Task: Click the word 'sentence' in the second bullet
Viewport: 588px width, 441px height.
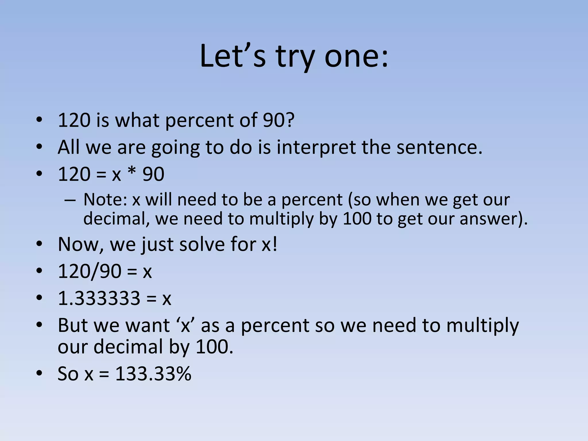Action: [436, 147]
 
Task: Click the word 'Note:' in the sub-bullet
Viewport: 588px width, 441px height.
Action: [105, 200]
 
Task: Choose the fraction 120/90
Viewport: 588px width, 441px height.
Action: [89, 271]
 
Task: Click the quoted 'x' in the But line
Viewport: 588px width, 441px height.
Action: [186, 326]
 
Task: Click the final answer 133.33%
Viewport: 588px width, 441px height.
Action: [153, 374]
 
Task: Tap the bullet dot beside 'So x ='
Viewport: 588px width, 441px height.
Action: [39, 374]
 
